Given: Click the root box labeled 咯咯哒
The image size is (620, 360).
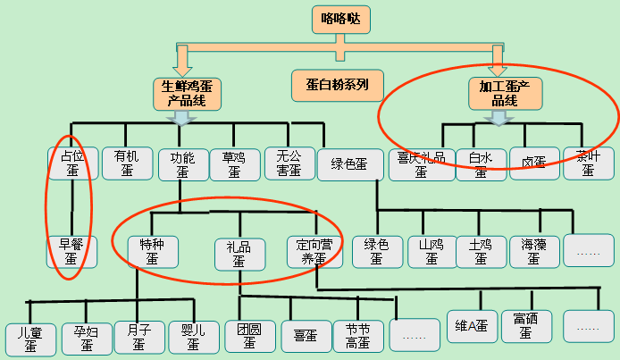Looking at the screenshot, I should [341, 20].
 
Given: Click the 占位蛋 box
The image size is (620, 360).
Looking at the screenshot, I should [72, 163].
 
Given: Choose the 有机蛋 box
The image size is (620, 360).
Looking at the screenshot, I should [127, 163].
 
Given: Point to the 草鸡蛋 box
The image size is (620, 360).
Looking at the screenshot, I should [233, 163].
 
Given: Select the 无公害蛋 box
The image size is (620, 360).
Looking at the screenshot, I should [289, 163].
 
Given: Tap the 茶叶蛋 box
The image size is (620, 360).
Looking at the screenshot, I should [588, 163].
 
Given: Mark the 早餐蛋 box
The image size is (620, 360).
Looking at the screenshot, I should [72, 251].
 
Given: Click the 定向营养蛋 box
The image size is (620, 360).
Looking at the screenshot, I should [313, 251].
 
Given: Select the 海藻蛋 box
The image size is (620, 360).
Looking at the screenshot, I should [533, 251].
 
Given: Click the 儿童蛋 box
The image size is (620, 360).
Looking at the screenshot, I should [30, 339].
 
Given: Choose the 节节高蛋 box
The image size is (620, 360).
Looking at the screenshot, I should [357, 337].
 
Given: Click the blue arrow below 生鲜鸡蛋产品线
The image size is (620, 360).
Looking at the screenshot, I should [183, 118].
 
